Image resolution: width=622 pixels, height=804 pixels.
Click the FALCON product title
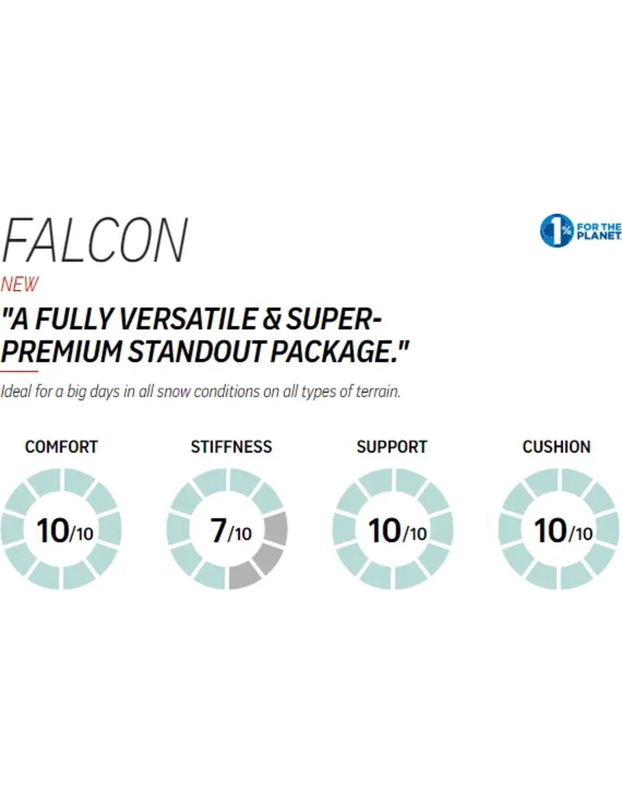point(95,241)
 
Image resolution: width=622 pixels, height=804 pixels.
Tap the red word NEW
point(20,284)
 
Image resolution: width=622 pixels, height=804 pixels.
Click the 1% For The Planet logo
point(580,231)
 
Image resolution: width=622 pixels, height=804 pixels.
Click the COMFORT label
point(61,447)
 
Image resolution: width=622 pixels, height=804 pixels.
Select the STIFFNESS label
point(231,447)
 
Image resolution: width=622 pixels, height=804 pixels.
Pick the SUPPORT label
point(391,447)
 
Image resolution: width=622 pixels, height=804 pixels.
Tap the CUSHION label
point(556,447)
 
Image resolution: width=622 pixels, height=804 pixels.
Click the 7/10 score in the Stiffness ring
point(231,531)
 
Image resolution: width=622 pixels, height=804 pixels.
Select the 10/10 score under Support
point(397,531)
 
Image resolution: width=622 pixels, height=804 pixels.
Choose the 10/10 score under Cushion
point(563,531)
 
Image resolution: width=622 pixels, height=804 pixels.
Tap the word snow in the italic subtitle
point(173,391)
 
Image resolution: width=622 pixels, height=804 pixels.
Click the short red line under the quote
point(19,371)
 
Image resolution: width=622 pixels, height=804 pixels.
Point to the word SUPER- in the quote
point(334,319)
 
